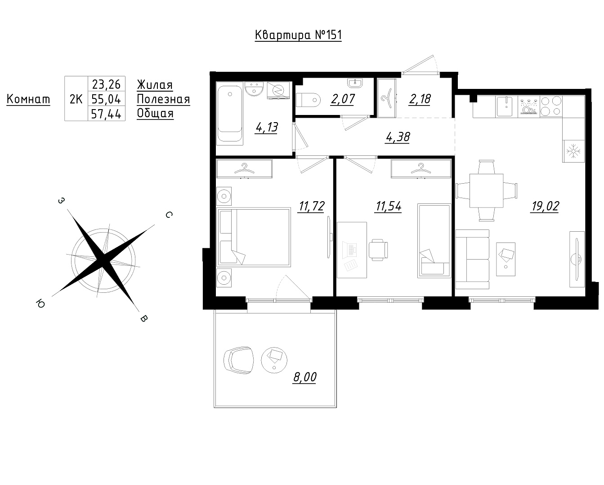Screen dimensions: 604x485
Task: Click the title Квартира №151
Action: [298, 35]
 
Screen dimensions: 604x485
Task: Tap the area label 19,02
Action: [545, 206]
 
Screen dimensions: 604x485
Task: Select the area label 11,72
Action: [312, 206]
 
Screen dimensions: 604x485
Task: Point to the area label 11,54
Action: [388, 206]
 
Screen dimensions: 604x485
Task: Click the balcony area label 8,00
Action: [304, 377]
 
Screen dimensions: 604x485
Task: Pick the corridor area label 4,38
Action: [398, 137]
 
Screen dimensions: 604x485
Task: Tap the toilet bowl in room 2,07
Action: [308, 100]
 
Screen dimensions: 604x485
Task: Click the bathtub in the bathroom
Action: [230, 113]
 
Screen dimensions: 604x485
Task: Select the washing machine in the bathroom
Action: [278, 90]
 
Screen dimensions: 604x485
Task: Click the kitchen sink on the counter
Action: [506, 106]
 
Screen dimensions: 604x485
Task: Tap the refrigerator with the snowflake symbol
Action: [573, 151]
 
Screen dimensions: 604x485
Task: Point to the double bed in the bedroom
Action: [254, 237]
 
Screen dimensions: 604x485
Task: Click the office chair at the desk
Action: [379, 250]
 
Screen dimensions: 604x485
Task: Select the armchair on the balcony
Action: [238, 361]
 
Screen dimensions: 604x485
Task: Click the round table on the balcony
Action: [274, 361]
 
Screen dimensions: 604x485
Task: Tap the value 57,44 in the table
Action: [107, 114]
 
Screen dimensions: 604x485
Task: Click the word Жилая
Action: [155, 85]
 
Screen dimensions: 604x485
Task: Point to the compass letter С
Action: [169, 215]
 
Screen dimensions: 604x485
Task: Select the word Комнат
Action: [28, 99]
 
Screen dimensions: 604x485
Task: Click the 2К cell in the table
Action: [76, 99]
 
